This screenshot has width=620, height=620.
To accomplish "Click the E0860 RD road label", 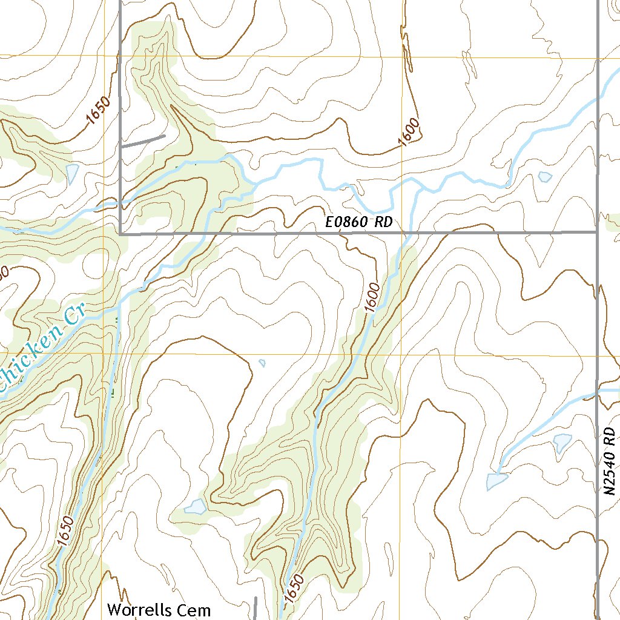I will pyautogui.click(x=359, y=222).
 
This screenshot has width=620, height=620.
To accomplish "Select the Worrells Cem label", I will pyautogui.click(x=159, y=609).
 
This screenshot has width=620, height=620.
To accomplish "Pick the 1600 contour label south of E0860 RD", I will pyautogui.click(x=372, y=297).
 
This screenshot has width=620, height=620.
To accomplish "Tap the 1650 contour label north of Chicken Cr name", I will pyautogui.click(x=99, y=111).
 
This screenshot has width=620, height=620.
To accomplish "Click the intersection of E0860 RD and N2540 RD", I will pyautogui.click(x=598, y=231).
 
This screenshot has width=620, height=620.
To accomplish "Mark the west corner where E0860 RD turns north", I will pyautogui.click(x=120, y=232).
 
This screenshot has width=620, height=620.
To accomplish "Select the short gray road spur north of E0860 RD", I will pyautogui.click(x=143, y=141).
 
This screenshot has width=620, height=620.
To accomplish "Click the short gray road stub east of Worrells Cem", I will pyautogui.click(x=256, y=608).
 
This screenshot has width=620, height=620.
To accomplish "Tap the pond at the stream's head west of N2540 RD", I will pyautogui.click(x=496, y=481).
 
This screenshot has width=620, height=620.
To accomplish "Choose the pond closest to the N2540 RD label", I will pyautogui.click(x=562, y=443).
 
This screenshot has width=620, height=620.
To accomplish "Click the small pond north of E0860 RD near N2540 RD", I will pyautogui.click(x=545, y=177).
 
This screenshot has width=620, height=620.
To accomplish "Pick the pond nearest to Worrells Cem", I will pyautogui.click(x=195, y=506).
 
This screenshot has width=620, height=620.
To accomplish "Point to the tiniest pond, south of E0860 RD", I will pyautogui.click(x=262, y=363).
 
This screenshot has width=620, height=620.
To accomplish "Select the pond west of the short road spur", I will pyautogui.click(x=72, y=174).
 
